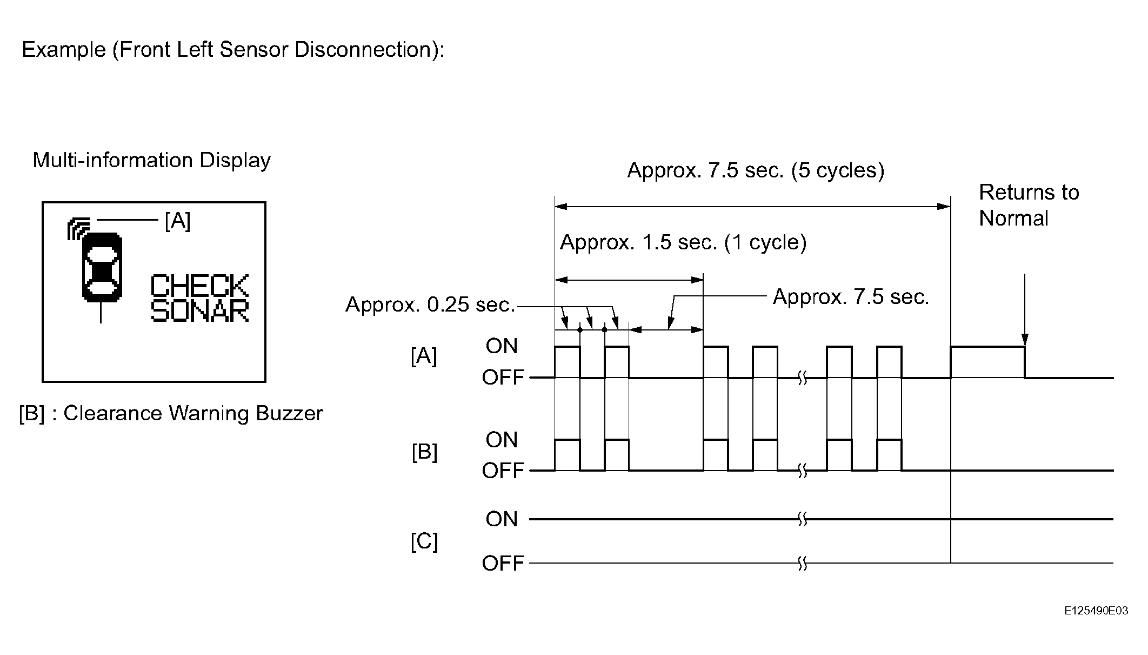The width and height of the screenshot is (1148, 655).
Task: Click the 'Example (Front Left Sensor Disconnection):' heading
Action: [x=233, y=50]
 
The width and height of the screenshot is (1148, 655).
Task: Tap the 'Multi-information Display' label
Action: [x=152, y=161]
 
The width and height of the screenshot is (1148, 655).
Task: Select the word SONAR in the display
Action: [x=199, y=310]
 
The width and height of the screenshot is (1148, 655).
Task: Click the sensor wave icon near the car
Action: [x=78, y=228]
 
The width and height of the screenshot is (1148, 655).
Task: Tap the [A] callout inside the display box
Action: [x=178, y=221]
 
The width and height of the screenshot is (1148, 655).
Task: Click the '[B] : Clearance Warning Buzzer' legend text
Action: [x=171, y=413]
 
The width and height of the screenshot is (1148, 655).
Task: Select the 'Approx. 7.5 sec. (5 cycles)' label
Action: [x=756, y=170]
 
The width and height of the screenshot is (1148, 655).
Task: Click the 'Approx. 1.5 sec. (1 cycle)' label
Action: [x=683, y=242]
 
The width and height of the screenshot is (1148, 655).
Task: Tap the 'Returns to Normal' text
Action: [x=1029, y=205]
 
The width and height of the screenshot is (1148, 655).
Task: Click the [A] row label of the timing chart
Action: [x=424, y=356]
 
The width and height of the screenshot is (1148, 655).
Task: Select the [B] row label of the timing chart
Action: [x=424, y=452]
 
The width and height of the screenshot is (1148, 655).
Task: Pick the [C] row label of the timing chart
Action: [x=424, y=541]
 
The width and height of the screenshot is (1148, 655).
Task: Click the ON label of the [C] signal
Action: [x=502, y=519]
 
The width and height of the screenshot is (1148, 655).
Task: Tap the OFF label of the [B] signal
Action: [x=503, y=471]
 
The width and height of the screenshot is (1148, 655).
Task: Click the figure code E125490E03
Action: [x=1096, y=611]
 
